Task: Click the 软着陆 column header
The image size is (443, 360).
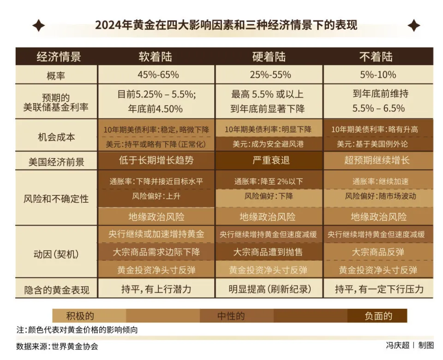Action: tap(156, 57)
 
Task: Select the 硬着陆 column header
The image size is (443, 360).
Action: tap(269, 57)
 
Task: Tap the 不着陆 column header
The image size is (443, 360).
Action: tap(378, 57)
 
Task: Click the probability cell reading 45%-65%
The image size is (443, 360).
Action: tap(156, 75)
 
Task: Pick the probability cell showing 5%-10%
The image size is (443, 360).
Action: tap(378, 75)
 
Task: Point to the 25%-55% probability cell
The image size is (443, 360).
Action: tap(269, 75)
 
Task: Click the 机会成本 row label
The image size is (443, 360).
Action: tap(56, 137)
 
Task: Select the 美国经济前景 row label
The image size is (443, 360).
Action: tap(56, 161)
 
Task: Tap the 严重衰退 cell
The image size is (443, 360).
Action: tap(269, 161)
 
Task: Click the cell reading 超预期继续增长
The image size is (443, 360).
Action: tap(378, 161)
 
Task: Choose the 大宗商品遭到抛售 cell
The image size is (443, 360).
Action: tap(269, 252)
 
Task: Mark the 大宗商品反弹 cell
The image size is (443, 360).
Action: tap(378, 252)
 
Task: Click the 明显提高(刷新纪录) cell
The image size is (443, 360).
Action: tap(269, 289)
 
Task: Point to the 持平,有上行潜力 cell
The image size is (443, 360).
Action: tap(156, 289)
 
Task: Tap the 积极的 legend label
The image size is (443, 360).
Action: tap(80, 316)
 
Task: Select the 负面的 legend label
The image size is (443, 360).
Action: tap(378, 316)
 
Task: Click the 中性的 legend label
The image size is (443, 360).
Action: tap(231, 316)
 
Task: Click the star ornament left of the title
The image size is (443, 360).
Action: tap(38, 25)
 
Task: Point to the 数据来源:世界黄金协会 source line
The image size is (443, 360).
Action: tap(57, 346)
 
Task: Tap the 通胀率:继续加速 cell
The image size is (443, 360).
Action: tap(378, 181)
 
